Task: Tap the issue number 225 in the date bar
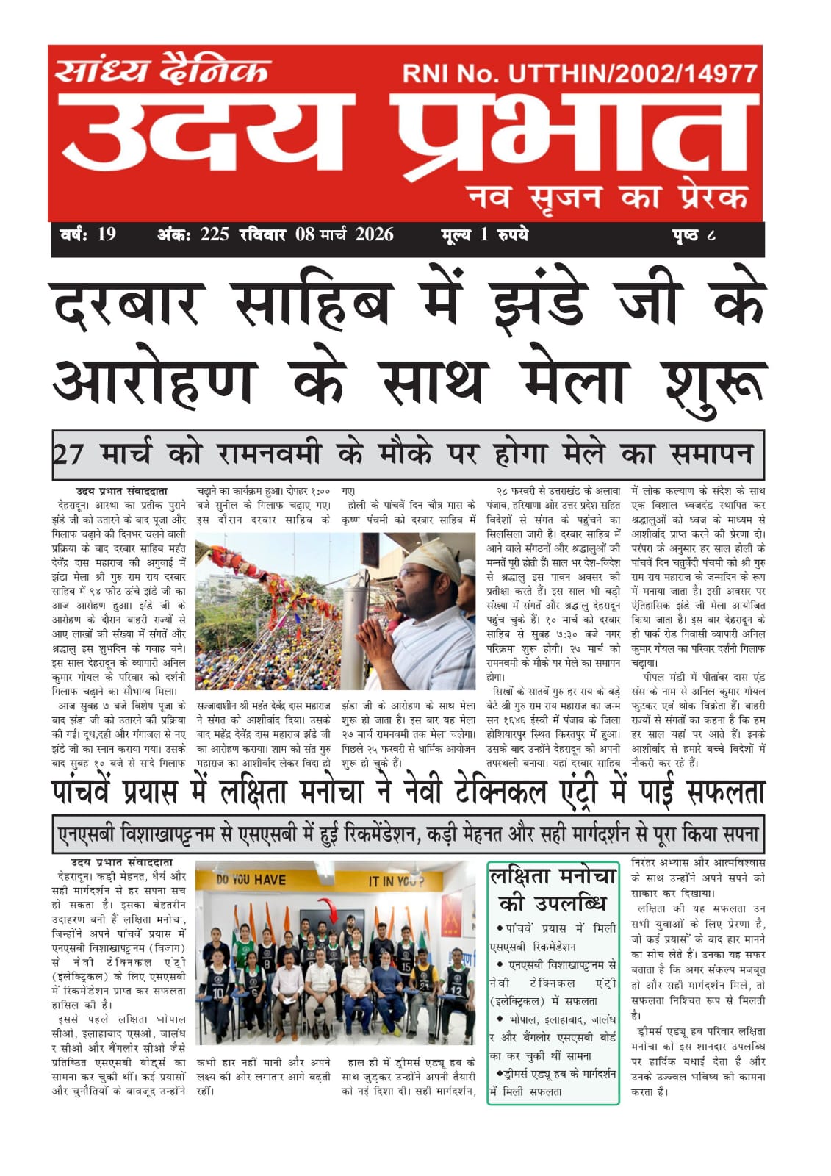(x=215, y=235)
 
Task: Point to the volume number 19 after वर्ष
(x=107, y=235)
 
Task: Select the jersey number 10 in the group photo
(x=217, y=993)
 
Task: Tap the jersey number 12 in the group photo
(x=456, y=989)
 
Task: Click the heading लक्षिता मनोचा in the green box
(x=553, y=877)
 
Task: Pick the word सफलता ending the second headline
(x=725, y=792)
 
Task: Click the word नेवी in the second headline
(x=422, y=792)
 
